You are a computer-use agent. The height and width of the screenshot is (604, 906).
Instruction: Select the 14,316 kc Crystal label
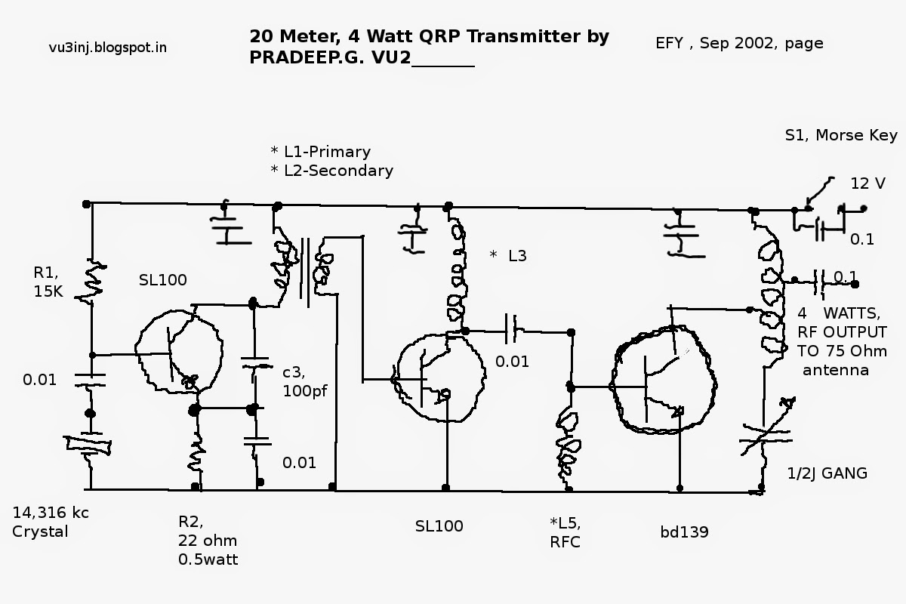[x=51, y=522]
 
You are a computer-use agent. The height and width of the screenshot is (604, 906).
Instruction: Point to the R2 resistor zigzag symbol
[x=196, y=451]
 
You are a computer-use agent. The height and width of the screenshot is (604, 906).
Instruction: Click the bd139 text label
[x=684, y=532]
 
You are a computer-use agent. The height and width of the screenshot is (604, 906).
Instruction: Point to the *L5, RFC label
[x=566, y=533]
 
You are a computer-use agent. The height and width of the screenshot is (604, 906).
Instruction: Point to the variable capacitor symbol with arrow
[x=762, y=435]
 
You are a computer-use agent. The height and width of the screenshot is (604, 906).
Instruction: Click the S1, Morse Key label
[x=841, y=136]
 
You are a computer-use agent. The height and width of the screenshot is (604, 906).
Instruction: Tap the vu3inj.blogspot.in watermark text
[x=108, y=48]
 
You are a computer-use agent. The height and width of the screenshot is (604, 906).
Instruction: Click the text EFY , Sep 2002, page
[x=739, y=43]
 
